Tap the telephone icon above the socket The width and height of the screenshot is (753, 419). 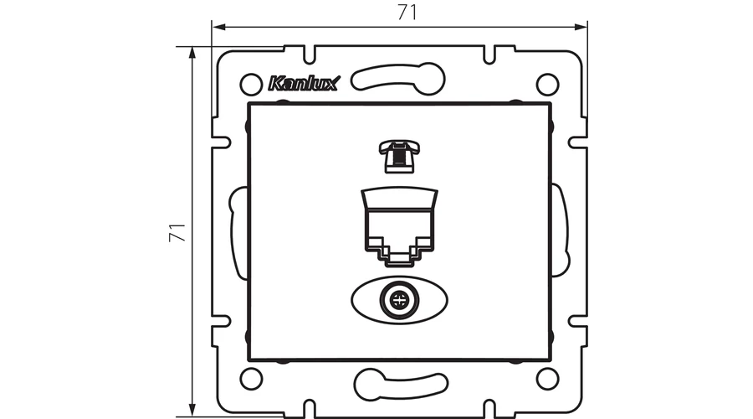pos(400,156)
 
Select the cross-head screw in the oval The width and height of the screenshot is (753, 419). pos(398,301)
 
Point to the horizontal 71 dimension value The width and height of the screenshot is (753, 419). pos(407,13)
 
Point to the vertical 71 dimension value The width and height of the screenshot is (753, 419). pos(177,232)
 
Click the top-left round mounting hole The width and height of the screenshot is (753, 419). pos(251,85)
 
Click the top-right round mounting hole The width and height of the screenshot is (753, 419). pos(547,85)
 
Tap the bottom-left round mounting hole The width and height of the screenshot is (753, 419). pos(251,379)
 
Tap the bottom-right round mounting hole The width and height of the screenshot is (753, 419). pos(547,379)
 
